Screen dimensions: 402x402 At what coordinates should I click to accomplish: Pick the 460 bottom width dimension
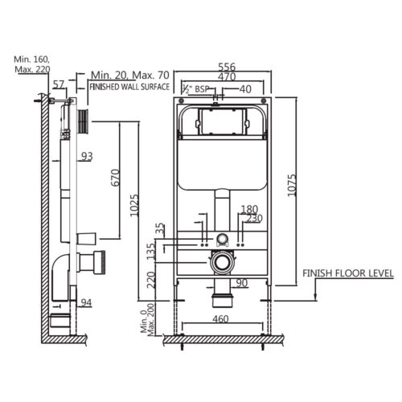(x=223, y=319)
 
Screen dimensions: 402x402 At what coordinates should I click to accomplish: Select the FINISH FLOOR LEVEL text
(x=347, y=273)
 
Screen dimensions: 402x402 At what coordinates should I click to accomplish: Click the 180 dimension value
(x=249, y=209)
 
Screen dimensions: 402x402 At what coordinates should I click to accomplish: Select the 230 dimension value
(x=255, y=218)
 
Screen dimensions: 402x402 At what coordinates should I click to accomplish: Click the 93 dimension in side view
(x=87, y=155)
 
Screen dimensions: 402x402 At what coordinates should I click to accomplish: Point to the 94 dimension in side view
(x=86, y=302)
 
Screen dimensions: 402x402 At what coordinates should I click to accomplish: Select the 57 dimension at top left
(x=58, y=84)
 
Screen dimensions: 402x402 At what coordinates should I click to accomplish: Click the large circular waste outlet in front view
(x=221, y=261)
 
